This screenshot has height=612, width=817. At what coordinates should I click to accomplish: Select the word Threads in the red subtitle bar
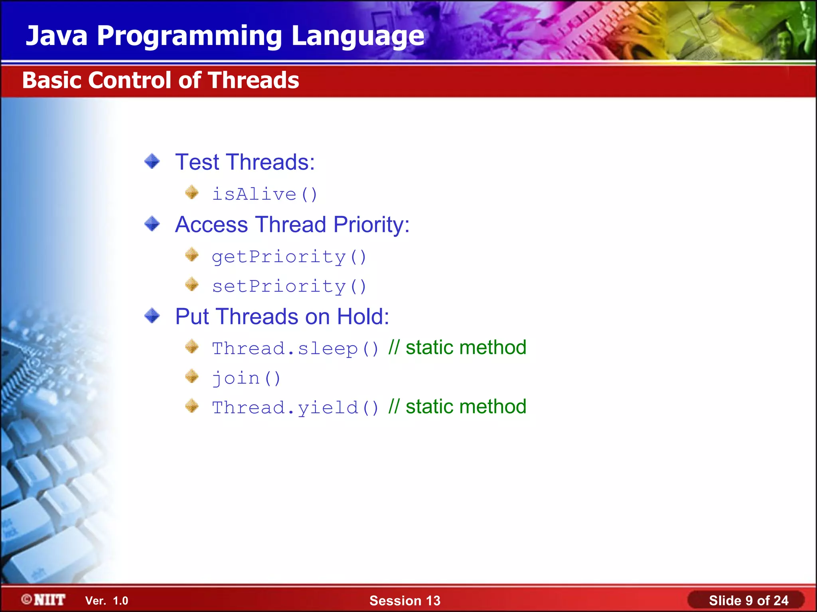click(253, 80)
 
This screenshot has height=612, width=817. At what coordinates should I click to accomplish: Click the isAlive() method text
click(264, 194)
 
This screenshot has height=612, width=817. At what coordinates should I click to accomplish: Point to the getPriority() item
click(289, 257)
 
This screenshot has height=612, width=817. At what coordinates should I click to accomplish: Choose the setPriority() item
click(289, 286)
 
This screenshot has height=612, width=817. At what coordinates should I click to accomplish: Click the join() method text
click(246, 378)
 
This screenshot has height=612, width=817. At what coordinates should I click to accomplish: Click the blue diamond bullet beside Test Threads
click(152, 161)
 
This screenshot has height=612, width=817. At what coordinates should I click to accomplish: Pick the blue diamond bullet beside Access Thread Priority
click(152, 224)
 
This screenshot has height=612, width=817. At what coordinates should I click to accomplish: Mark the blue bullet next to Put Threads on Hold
click(152, 316)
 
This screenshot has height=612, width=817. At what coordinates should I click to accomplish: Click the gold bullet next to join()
click(192, 376)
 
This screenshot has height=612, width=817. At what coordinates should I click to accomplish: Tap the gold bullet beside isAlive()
click(192, 192)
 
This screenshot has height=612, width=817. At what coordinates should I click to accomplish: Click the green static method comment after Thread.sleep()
click(458, 347)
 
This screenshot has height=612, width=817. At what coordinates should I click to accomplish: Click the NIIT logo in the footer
click(44, 600)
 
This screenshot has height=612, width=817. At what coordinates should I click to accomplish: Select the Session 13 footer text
click(405, 600)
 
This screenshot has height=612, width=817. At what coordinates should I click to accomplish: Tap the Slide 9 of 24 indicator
click(748, 600)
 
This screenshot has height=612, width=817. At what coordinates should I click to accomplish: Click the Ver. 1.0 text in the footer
click(107, 601)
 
